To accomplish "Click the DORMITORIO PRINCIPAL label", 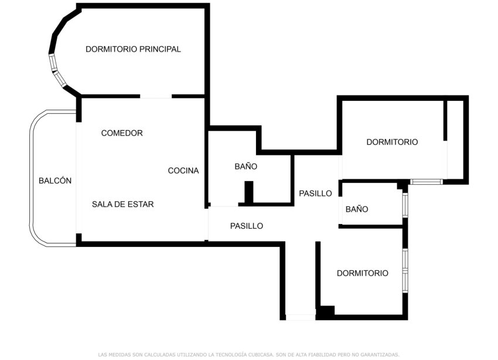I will point(133,49).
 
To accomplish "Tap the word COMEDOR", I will point(122,133).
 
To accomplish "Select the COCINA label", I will point(183,171).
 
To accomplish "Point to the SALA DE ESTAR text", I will point(122,205).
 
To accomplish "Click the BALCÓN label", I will point(55,181).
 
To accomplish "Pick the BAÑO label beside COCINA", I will point(246,167).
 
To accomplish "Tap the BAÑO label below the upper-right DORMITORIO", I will point(357,209).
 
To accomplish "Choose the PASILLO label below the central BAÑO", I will point(247,226).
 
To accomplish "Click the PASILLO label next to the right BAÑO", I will point(315,193).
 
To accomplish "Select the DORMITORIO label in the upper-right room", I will point(392,142).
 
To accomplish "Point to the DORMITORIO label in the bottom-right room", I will point(363,273).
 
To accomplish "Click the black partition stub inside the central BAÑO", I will point(248,192).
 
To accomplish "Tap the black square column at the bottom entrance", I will point(325,313).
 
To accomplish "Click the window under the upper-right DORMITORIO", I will point(426,182).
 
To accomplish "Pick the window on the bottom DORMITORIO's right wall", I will point(405,270).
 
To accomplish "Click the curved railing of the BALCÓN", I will point(32,176).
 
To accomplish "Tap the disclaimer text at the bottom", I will point(249,354).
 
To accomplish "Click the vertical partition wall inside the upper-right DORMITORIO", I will point(445,120).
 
